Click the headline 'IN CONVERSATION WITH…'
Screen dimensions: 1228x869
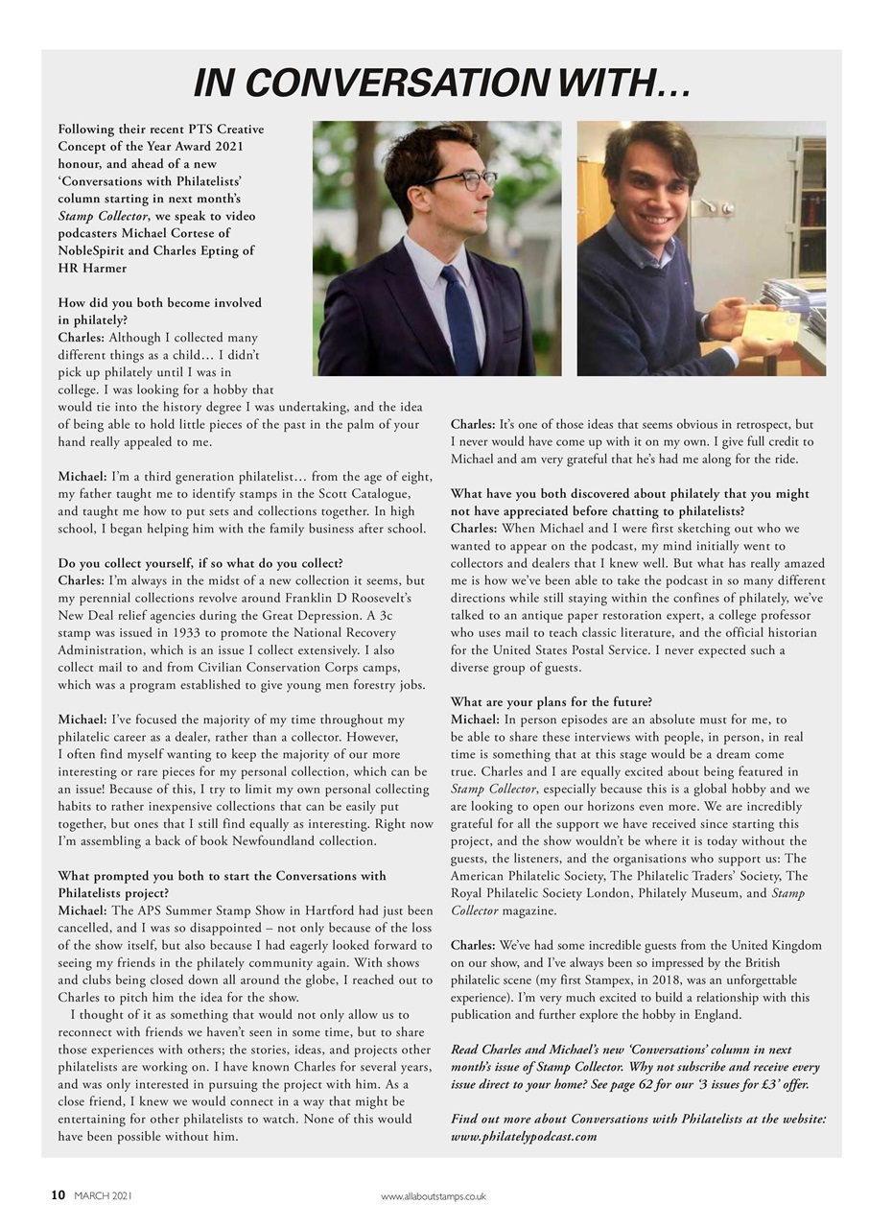[441, 84]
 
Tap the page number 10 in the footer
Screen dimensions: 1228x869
[59, 1195]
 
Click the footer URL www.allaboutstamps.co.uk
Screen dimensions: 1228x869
[434, 1196]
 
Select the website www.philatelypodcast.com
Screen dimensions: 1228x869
[524, 1137]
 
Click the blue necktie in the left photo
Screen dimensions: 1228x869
[460, 317]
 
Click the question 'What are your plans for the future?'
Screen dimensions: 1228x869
[552, 702]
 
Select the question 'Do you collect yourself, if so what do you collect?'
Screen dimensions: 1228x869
[200, 563]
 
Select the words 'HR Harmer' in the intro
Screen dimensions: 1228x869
[92, 269]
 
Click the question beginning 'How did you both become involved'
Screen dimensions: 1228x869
[159, 303]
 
